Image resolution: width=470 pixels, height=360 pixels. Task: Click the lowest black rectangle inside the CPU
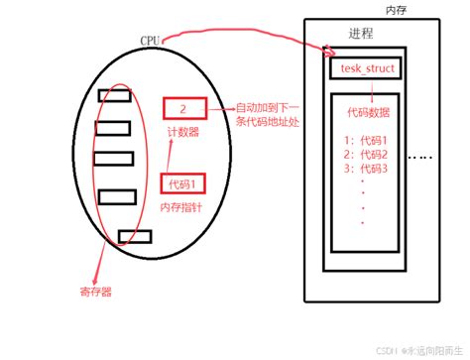point(132,235)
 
